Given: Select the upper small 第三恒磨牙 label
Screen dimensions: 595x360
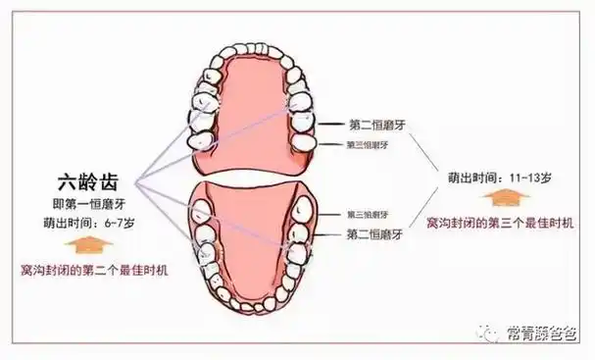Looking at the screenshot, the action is pos(368,144).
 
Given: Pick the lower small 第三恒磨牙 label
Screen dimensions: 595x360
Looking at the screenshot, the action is pos(368,214).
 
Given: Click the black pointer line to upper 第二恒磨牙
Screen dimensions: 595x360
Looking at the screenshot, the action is pos(328,125).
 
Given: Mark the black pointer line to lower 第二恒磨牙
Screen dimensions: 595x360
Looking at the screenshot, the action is pos(328,235).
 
